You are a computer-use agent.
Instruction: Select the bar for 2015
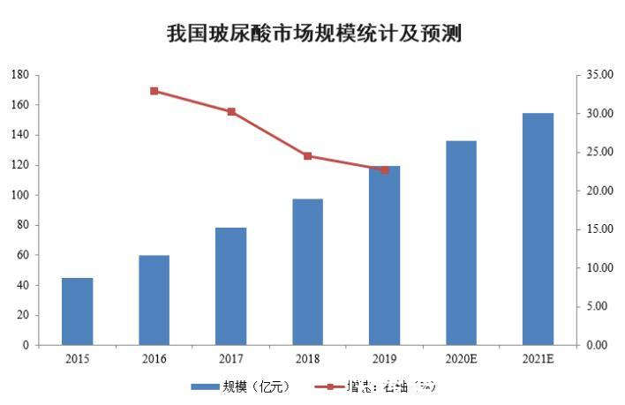(77, 311)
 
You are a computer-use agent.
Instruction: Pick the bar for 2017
(230, 286)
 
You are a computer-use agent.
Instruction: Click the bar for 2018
(307, 272)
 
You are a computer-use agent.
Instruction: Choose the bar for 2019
(384, 256)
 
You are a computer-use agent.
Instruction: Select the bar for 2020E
(461, 243)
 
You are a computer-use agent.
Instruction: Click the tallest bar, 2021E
(538, 229)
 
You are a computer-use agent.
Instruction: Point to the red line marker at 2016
(154, 91)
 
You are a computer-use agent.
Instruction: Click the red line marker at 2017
(230, 112)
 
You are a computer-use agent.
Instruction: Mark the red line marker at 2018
(307, 156)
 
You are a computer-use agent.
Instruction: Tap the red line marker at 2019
(384, 169)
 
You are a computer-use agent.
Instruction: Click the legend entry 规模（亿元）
(239, 386)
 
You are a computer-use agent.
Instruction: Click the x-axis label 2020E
(461, 358)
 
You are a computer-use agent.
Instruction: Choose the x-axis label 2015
(77, 358)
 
